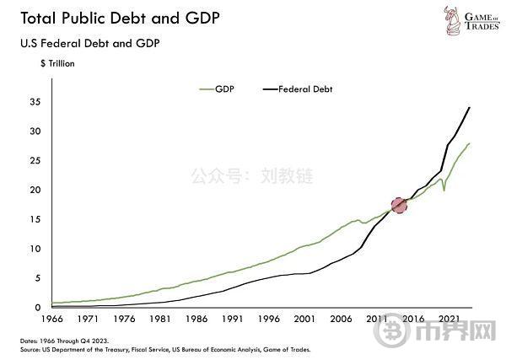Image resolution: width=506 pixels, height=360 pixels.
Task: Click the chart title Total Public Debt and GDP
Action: coord(115,18)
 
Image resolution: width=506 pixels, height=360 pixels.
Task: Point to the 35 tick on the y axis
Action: coord(35,102)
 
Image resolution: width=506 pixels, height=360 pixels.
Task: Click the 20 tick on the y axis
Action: coord(35,191)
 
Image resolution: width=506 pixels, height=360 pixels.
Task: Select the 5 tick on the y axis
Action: coord(38,278)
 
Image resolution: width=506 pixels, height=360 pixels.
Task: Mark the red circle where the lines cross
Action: coord(399,205)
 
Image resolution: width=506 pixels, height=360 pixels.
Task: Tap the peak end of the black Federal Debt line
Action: coord(470,107)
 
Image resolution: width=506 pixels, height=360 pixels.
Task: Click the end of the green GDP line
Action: coord(470,144)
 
